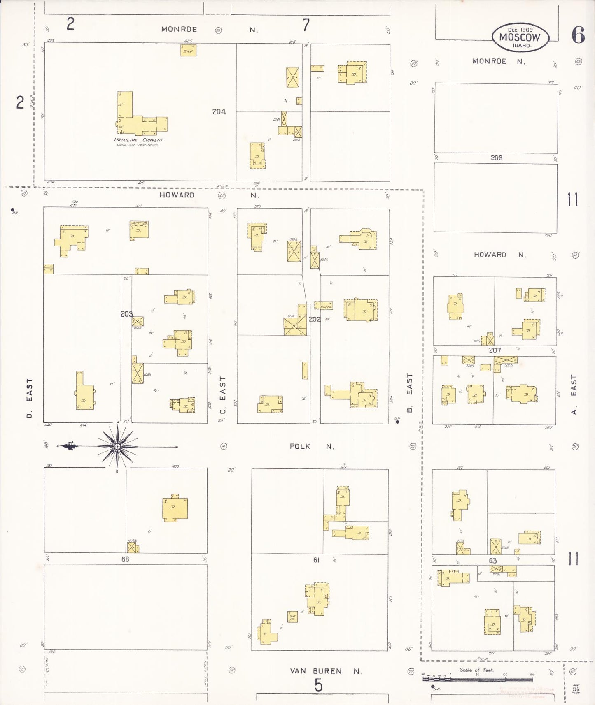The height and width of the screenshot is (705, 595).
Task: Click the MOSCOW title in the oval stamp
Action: point(520,37)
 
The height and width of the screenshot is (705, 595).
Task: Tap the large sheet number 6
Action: point(578,35)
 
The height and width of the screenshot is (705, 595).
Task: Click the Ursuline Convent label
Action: point(138,140)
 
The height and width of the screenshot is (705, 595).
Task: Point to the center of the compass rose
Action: point(117,446)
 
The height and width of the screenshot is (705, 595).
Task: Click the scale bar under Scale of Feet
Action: point(478,679)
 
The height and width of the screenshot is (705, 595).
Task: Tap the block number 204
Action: point(219,111)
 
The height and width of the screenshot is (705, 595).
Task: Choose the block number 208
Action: point(496,158)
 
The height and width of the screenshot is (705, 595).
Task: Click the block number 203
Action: point(126,314)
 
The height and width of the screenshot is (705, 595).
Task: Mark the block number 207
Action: point(495,350)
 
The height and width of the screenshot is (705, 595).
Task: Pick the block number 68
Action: point(125,559)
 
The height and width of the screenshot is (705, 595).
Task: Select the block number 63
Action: point(492,561)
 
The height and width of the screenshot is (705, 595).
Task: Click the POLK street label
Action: point(300,446)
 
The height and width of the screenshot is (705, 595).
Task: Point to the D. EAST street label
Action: point(29,398)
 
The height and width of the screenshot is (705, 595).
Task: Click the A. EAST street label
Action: point(574,394)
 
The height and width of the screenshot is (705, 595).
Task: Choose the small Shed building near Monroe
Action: point(188,51)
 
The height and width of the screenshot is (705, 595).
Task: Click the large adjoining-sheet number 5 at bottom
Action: point(318,685)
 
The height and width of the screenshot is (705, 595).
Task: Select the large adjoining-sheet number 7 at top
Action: point(306,26)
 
